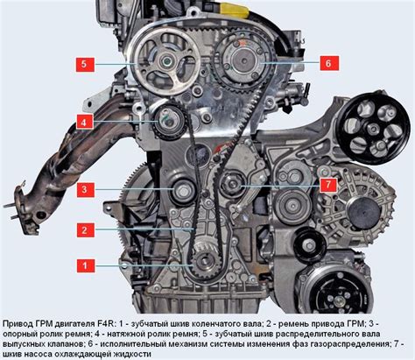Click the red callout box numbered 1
[86, 265]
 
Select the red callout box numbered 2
[86, 230]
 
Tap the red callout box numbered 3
[86, 190]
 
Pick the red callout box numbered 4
[85, 122]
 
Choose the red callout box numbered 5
[85, 64]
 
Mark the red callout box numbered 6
[329, 63]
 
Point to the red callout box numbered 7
[328, 185]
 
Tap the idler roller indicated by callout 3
[183, 192]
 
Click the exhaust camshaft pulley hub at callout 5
[166, 61]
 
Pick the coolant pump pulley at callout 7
[233, 184]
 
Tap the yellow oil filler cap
[235, 10]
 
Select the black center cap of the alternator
[364, 212]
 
